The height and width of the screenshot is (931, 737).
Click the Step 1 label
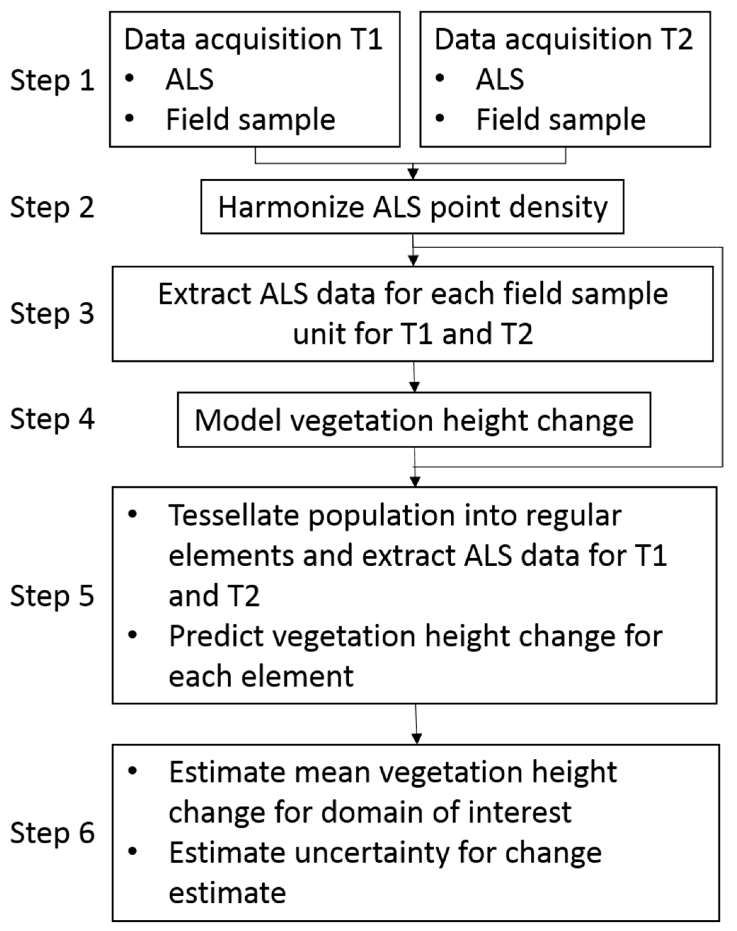click(x=52, y=81)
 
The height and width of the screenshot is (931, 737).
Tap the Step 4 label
click(x=52, y=419)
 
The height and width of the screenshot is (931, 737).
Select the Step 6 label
click(x=52, y=833)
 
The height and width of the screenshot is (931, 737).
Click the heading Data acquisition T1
click(x=253, y=39)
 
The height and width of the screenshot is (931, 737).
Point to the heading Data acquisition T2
click(x=563, y=39)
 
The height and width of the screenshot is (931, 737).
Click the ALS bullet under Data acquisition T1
click(x=189, y=80)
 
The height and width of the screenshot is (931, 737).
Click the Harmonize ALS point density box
click(x=412, y=207)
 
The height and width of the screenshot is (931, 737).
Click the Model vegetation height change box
click(x=414, y=420)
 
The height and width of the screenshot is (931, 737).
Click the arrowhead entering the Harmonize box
click(x=413, y=174)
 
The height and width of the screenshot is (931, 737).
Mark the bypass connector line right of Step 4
click(x=722, y=358)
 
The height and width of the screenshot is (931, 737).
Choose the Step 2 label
click(x=52, y=207)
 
